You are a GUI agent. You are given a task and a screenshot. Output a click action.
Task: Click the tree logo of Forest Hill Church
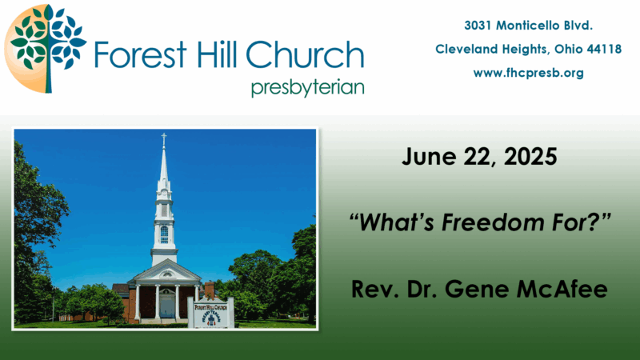pos(45,48)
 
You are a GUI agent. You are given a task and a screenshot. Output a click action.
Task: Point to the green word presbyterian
pos(308,88)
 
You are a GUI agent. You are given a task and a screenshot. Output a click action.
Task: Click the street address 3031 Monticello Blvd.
pos(528,26)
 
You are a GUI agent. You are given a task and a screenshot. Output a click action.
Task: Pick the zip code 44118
pos(604,49)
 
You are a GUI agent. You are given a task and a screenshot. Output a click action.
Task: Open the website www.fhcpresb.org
pos(528,73)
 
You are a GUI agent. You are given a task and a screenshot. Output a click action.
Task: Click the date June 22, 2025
pos(479,157)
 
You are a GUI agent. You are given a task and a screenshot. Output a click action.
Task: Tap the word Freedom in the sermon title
pos(493,222)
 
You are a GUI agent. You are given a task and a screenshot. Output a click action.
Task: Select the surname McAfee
pos(562,289)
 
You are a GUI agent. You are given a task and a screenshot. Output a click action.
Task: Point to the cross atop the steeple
pos(164,138)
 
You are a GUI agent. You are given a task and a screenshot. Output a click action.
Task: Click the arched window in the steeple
pos(164,234)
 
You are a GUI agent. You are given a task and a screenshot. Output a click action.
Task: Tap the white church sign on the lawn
pos(211,313)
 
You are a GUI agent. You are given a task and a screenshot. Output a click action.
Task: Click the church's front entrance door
pos(166,307)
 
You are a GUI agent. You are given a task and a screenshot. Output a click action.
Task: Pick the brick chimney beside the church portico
pos(209,290)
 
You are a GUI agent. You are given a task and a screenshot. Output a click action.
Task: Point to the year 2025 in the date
pos(530,157)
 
